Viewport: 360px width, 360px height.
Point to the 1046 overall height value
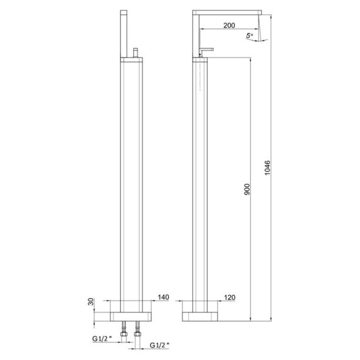[x=267, y=166]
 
